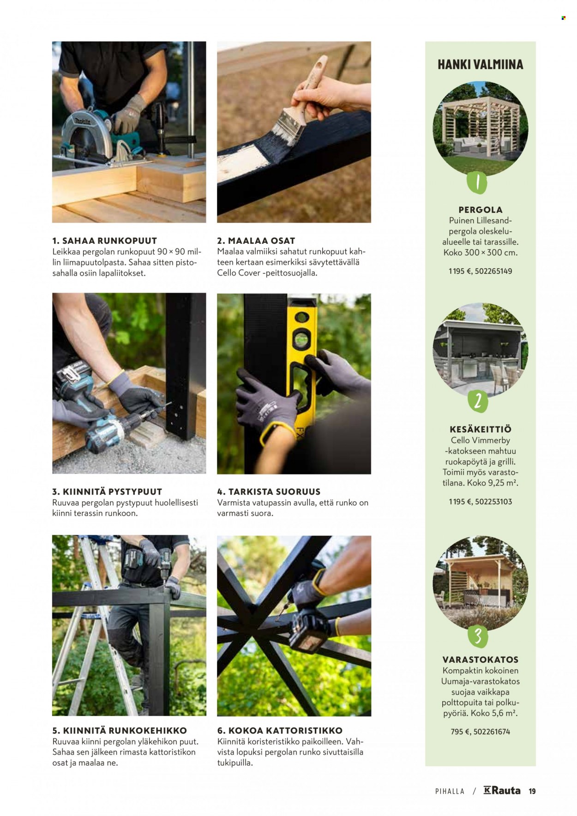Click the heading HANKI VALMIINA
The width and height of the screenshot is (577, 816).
[480, 64]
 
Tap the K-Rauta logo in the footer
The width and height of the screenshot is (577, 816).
[502, 791]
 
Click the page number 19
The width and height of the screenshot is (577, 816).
[532, 791]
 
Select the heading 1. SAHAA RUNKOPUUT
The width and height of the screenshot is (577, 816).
[104, 240]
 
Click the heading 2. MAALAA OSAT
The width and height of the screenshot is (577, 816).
[256, 240]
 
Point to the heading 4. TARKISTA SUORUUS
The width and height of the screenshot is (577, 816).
[269, 492]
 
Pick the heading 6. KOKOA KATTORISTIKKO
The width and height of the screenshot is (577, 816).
[280, 731]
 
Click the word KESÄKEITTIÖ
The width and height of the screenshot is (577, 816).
[480, 429]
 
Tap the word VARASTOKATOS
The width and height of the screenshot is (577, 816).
[480, 660]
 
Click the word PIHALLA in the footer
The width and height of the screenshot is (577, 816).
[450, 791]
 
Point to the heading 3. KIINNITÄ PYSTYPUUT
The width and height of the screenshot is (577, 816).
[107, 492]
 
